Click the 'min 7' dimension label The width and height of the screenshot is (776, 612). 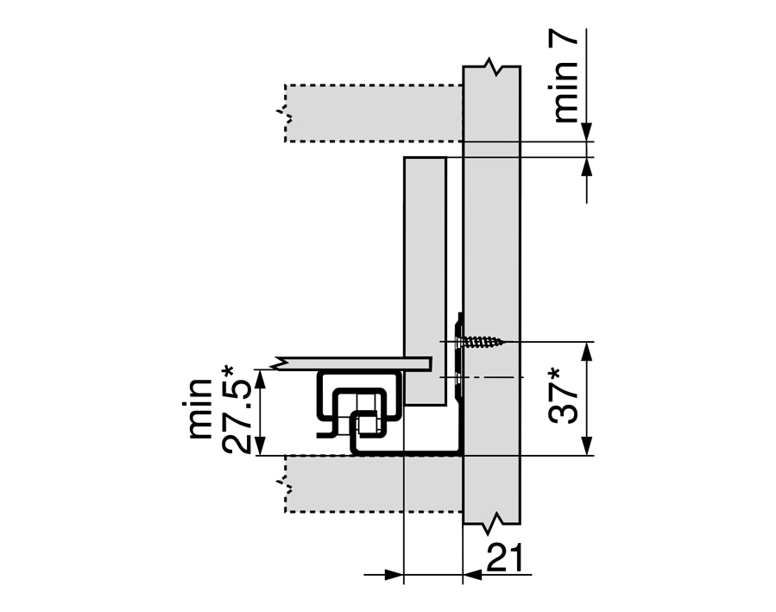coord(565,79)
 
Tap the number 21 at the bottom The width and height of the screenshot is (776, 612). coord(504,558)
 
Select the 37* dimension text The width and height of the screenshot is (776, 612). coord(564,395)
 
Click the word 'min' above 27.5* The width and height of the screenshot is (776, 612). coord(200,408)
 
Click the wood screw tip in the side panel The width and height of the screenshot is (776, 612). coord(502,341)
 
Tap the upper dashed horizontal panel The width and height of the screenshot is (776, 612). coord(374,113)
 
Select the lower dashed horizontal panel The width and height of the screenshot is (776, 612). coord(374,484)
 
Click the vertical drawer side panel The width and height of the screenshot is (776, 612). coord(426,281)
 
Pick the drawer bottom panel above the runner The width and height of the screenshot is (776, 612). coord(351,363)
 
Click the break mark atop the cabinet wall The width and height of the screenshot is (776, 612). coord(492,66)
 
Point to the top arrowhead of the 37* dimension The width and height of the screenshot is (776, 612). coord(586,351)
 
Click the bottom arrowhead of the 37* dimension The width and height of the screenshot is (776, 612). coord(586,445)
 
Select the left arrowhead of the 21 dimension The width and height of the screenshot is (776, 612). coord(394,575)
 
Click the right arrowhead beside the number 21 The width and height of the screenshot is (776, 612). coord(473,575)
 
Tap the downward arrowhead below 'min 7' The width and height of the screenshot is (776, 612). coord(586,132)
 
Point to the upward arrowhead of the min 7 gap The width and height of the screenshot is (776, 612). coord(586,167)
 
